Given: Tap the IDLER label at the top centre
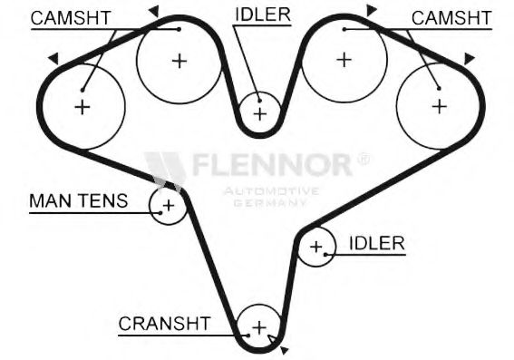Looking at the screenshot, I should [x=264, y=15].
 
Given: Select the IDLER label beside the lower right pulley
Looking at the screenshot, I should [x=373, y=243].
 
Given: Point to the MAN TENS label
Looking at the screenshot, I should [x=78, y=201].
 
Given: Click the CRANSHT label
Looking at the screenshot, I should [x=164, y=324].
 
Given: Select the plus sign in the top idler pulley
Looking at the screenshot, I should [x=261, y=113].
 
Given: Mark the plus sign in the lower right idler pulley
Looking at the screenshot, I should [x=316, y=246].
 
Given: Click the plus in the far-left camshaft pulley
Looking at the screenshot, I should [x=82, y=107].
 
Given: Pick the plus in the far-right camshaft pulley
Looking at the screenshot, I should [x=439, y=105].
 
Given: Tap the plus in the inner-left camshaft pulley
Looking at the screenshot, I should [x=179, y=61].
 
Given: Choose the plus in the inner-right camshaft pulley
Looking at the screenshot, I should [x=343, y=60].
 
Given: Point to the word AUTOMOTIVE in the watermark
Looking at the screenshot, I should [x=270, y=191].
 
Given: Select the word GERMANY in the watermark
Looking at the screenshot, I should [x=270, y=202].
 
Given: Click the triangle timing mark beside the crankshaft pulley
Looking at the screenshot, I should [x=285, y=348].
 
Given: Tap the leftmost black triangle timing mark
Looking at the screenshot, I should [x=53, y=58].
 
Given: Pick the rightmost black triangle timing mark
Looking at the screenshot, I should [x=469, y=58].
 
